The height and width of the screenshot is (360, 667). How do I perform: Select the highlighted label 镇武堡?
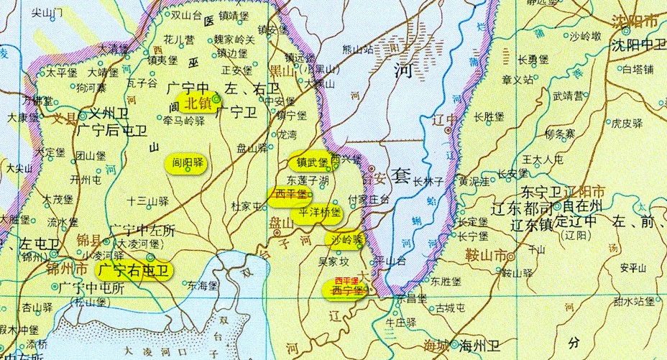(x=308, y=162)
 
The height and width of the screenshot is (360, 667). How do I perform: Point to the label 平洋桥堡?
(x=320, y=213)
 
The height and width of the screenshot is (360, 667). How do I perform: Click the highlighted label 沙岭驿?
(x=346, y=239)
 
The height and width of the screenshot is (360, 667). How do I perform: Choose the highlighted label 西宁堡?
(x=346, y=290)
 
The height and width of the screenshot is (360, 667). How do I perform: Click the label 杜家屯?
(x=247, y=206)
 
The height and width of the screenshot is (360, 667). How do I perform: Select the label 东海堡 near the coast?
(x=203, y=285)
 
